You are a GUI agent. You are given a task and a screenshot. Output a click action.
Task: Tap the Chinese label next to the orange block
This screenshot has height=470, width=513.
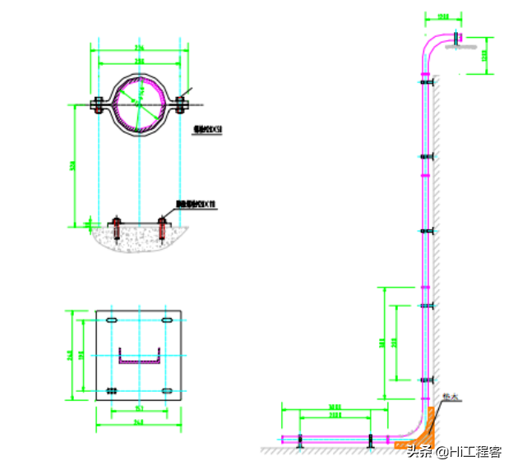pos(449,397)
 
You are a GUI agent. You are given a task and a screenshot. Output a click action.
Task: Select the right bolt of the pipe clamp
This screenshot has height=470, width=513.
pos(182,105)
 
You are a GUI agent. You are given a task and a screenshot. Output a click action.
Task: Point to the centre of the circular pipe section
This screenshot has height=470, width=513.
pos(139,104)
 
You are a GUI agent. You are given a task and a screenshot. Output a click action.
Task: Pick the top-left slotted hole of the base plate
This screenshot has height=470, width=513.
pos(113,320)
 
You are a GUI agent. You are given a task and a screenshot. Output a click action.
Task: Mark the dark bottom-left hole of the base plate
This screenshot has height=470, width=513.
pos(113,390)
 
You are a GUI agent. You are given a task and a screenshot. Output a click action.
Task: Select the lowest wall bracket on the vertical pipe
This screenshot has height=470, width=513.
pos(425,380)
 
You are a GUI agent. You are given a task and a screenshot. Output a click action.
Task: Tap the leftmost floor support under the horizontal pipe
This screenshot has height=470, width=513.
pos(299,441)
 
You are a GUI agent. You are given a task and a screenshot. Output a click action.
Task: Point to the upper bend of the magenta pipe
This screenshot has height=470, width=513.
pos(432,46)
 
